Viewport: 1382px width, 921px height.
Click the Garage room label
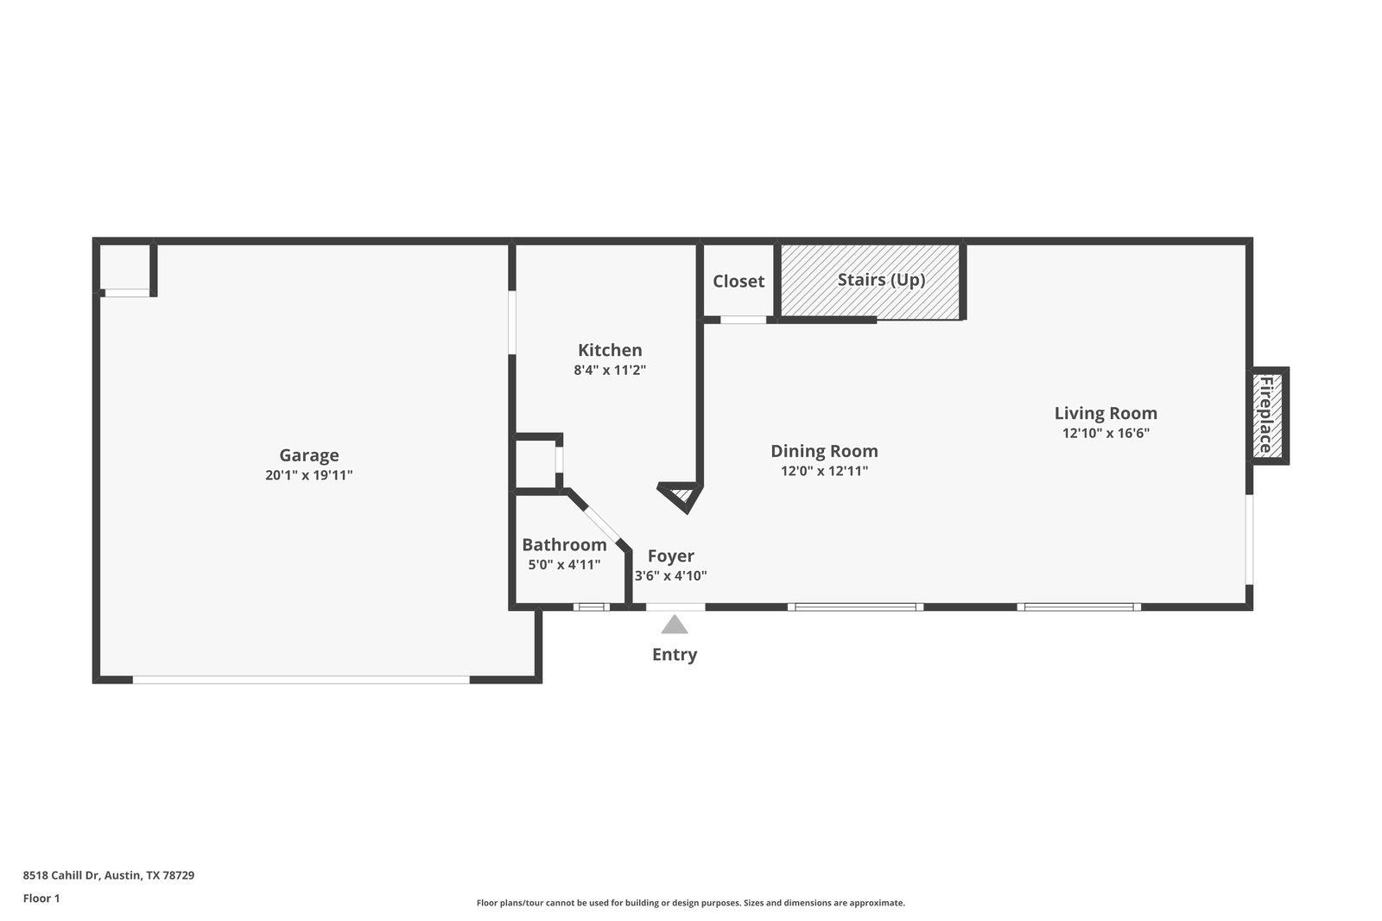[308, 455]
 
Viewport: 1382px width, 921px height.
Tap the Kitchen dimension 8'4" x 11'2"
[610, 371]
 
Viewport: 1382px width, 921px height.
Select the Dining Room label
[824, 451]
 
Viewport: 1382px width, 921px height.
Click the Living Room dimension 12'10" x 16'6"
[1106, 434]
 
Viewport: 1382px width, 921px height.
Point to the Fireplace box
[1267, 416]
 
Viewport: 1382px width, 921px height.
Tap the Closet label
[739, 282]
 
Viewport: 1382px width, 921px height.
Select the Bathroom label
[564, 545]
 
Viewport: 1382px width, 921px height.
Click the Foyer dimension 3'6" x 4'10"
[671, 576]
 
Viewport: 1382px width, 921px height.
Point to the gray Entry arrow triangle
[675, 625]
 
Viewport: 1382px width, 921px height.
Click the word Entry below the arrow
[675, 655]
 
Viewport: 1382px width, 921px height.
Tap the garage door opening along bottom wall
[301, 680]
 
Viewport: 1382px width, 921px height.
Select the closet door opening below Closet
[744, 320]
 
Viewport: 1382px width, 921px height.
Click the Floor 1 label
[41, 899]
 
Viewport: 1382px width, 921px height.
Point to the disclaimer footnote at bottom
[690, 903]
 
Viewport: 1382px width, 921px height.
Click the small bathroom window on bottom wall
[592, 607]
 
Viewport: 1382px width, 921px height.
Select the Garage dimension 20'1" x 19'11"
[308, 475]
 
